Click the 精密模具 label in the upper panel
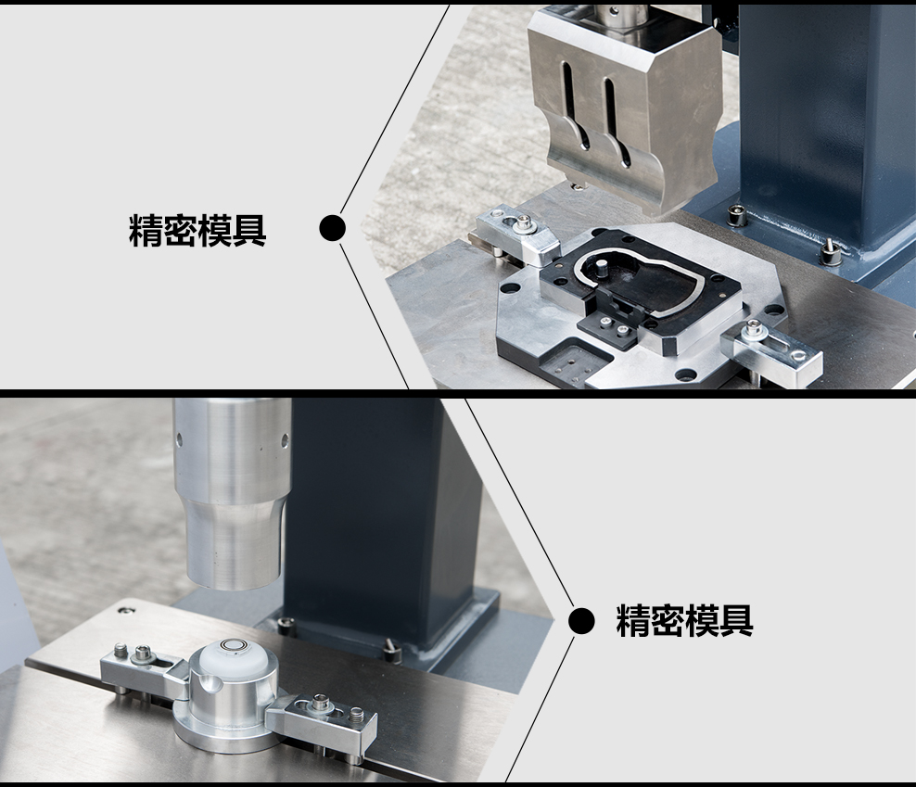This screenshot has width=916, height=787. [x=197, y=231]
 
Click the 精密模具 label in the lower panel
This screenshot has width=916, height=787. [x=684, y=620]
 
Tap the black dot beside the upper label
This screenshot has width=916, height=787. [x=333, y=228]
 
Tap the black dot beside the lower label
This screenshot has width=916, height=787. [x=581, y=620]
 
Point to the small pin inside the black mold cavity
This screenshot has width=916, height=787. [x=601, y=269]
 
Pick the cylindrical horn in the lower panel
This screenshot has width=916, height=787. [x=233, y=492]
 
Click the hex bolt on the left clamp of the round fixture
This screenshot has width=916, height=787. [x=142, y=654]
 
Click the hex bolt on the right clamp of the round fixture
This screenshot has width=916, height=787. [x=320, y=704]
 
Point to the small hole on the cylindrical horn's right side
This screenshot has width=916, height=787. [x=285, y=440]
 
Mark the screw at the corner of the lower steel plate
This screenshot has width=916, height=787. [x=124, y=611]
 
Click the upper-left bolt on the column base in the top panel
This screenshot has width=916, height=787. [x=736, y=216]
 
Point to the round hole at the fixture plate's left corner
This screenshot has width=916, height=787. [x=509, y=288]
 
